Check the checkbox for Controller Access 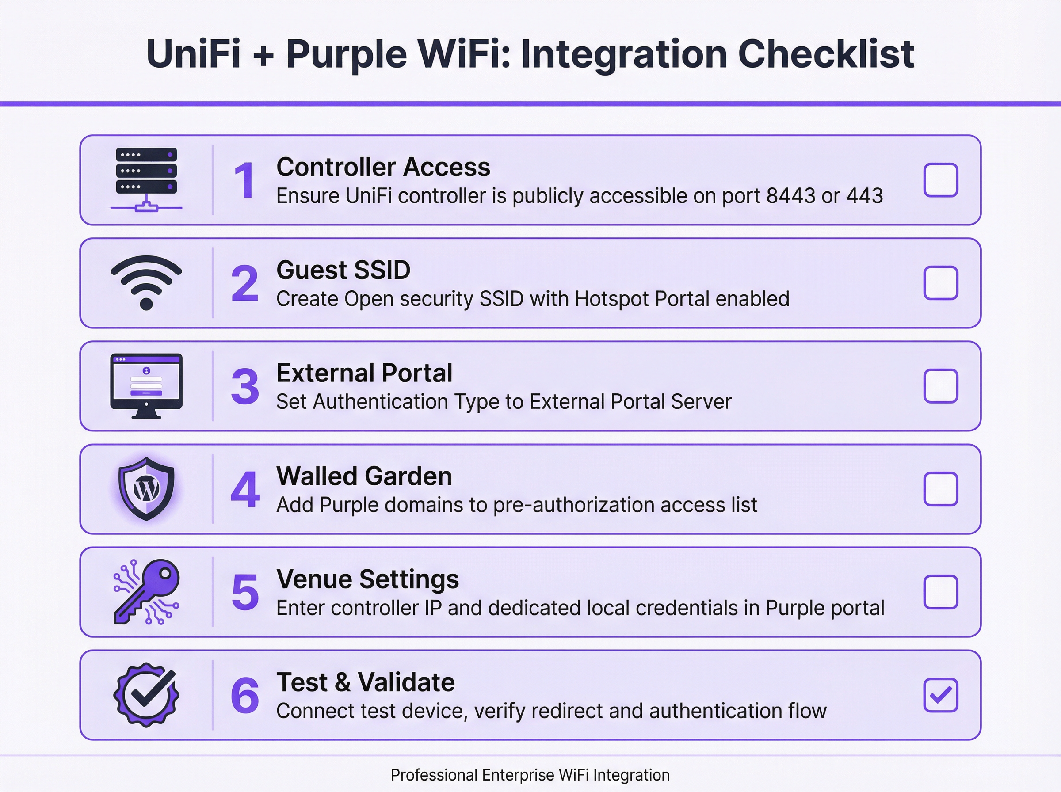(940, 180)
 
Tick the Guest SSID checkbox (940, 283)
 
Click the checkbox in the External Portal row (940, 386)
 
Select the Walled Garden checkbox (940, 489)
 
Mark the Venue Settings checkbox (940, 592)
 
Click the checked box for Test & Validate (940, 695)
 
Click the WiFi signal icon (146, 282)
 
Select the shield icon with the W (146, 488)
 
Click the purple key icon (146, 592)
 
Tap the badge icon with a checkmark (146, 695)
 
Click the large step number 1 (244, 181)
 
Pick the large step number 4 (245, 490)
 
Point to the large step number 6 (245, 696)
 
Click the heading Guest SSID (343, 270)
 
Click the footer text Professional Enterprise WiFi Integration (530, 775)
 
